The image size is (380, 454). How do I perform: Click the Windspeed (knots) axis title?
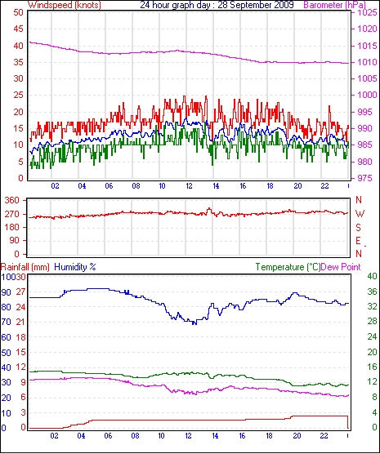(x=65, y=5)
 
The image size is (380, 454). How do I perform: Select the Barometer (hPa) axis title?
(x=334, y=5)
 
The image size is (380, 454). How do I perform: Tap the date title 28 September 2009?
(x=256, y=5)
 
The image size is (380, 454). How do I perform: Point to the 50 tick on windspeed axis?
(x=18, y=13)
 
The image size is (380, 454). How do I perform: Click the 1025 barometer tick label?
(x=367, y=13)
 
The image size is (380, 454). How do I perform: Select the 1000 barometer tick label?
(x=367, y=95)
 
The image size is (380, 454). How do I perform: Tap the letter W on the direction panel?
(x=360, y=214)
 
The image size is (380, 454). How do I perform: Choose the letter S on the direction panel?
(x=359, y=228)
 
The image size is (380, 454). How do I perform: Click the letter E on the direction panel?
(x=359, y=241)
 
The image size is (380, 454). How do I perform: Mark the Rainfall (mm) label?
(x=25, y=267)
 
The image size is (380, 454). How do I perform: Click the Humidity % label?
(x=75, y=267)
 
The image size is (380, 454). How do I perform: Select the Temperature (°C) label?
(x=288, y=267)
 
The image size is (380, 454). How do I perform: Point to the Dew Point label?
(x=341, y=267)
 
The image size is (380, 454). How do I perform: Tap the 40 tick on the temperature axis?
(x=372, y=276)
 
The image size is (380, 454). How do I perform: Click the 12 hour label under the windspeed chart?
(x=189, y=185)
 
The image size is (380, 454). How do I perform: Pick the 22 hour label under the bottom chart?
(x=324, y=436)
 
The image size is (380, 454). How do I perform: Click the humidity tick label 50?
(x=6, y=353)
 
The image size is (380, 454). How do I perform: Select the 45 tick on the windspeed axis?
(x=18, y=29)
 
